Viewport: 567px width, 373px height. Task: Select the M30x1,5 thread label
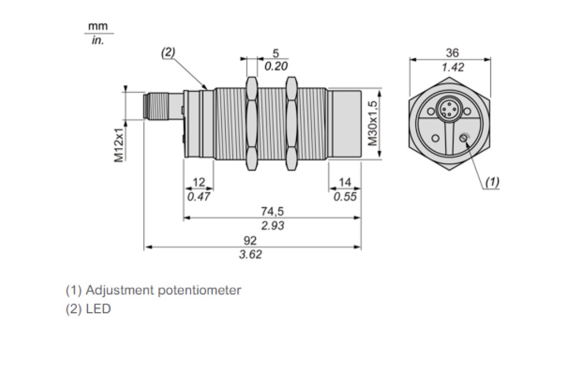point(373,123)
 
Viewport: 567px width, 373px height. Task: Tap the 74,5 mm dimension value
point(272,211)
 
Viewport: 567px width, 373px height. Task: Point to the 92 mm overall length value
point(250,240)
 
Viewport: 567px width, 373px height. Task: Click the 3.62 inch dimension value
point(250,255)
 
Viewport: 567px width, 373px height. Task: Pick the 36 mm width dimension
point(452,53)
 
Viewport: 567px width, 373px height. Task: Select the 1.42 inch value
point(452,68)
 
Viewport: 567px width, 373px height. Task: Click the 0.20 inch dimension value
point(276,66)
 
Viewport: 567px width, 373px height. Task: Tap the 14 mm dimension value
point(345,182)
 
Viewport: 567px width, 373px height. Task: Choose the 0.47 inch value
point(198,197)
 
